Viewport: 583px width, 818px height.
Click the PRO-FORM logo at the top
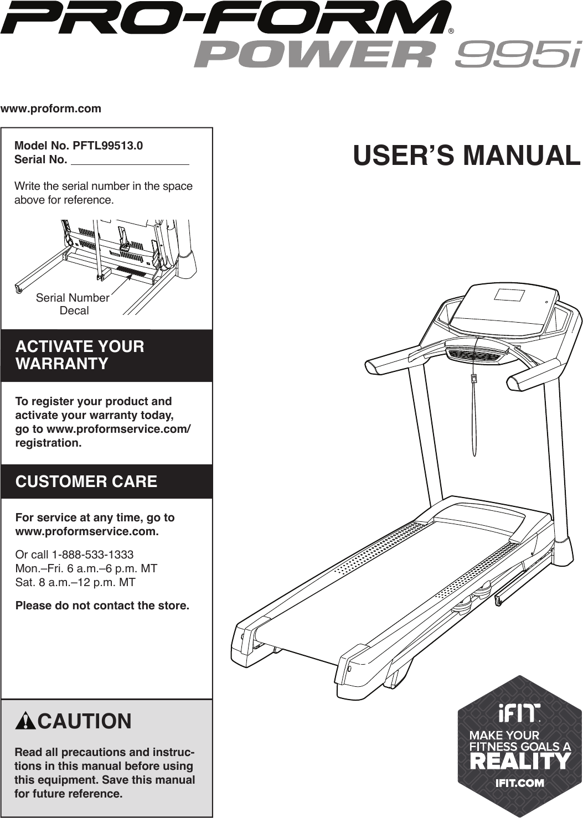point(225,17)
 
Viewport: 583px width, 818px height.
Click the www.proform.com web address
point(51,108)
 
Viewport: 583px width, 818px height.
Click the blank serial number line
point(131,161)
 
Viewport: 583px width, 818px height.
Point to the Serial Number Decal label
point(73,304)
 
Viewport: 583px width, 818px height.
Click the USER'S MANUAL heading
point(466,156)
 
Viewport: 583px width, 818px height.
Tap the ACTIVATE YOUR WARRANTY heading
point(80,355)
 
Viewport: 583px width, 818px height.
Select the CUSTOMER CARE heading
point(86,482)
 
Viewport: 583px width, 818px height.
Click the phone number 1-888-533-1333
point(92,555)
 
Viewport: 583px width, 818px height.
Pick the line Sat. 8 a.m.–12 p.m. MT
point(75,582)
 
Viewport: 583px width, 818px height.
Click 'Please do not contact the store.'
point(102,605)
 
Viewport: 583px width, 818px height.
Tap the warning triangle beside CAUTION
point(26,722)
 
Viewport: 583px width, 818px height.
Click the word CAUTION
point(85,722)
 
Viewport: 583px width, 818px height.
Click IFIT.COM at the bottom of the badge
point(519,783)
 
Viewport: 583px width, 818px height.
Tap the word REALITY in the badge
point(519,762)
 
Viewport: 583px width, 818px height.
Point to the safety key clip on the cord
point(474,379)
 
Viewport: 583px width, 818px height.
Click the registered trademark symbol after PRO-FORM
point(451,30)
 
